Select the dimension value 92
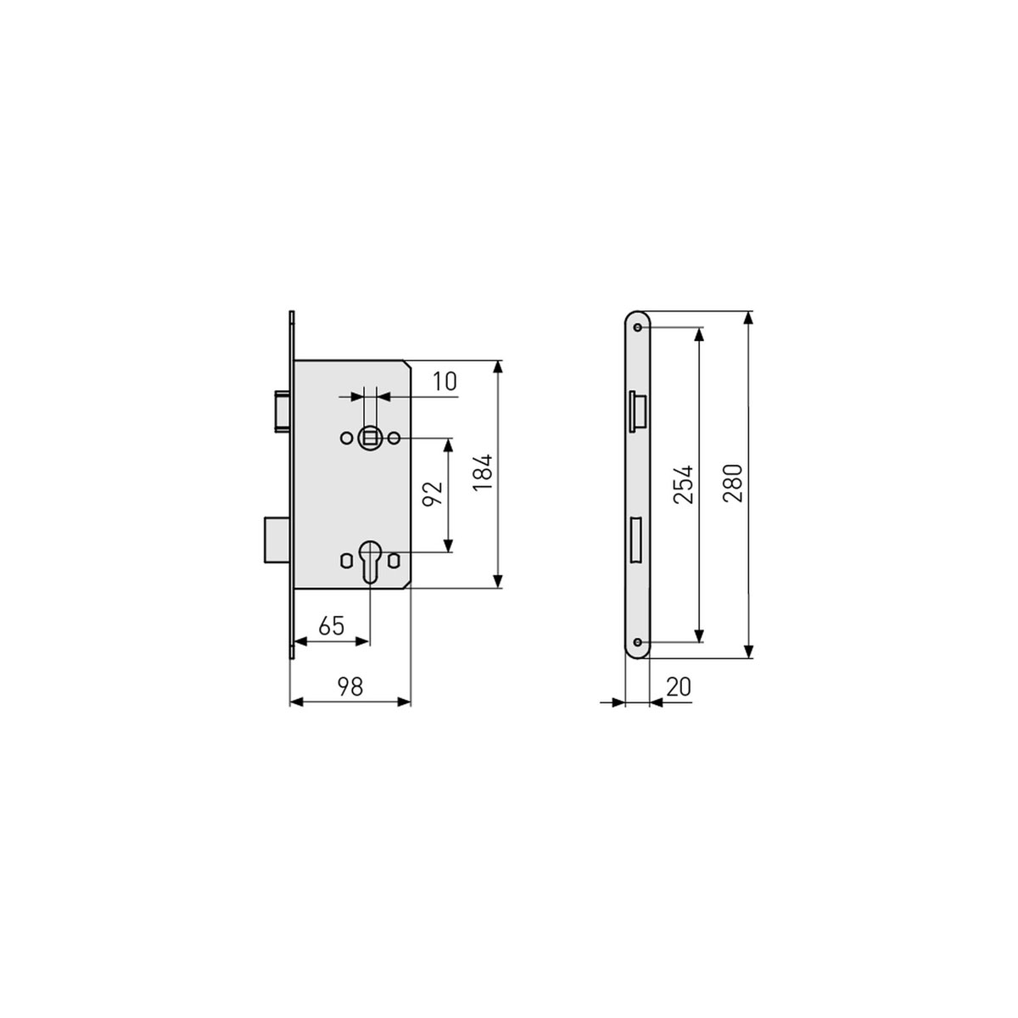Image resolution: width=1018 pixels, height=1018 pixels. (x=433, y=495)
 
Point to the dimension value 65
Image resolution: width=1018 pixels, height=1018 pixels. (x=331, y=626)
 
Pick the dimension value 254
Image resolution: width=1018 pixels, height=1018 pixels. (x=684, y=484)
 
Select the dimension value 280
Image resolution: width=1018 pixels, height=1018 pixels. (x=734, y=484)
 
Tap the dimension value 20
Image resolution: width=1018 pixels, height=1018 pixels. (x=678, y=686)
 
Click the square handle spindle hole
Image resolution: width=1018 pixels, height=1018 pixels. (x=369, y=438)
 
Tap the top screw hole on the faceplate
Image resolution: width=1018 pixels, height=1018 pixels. (x=637, y=326)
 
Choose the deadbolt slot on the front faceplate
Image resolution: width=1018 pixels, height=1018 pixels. (x=636, y=540)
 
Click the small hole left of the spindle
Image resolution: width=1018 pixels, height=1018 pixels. (x=345, y=438)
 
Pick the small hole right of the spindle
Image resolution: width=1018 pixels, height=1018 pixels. (x=394, y=438)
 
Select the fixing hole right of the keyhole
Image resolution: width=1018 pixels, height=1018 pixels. (x=394, y=561)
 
